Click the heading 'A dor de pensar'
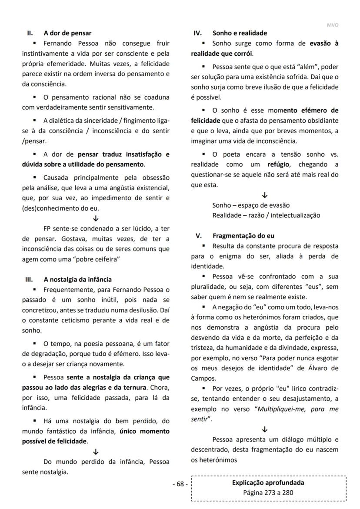coord(67,33)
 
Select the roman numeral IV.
coord(197,33)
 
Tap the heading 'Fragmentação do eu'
coord(243,236)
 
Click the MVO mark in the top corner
coord(332,25)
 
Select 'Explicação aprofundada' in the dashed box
coord(268,482)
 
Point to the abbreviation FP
coord(47,229)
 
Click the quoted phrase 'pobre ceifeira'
coord(98,259)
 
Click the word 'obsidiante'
coord(322,121)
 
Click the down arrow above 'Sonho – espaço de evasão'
coord(265,195)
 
